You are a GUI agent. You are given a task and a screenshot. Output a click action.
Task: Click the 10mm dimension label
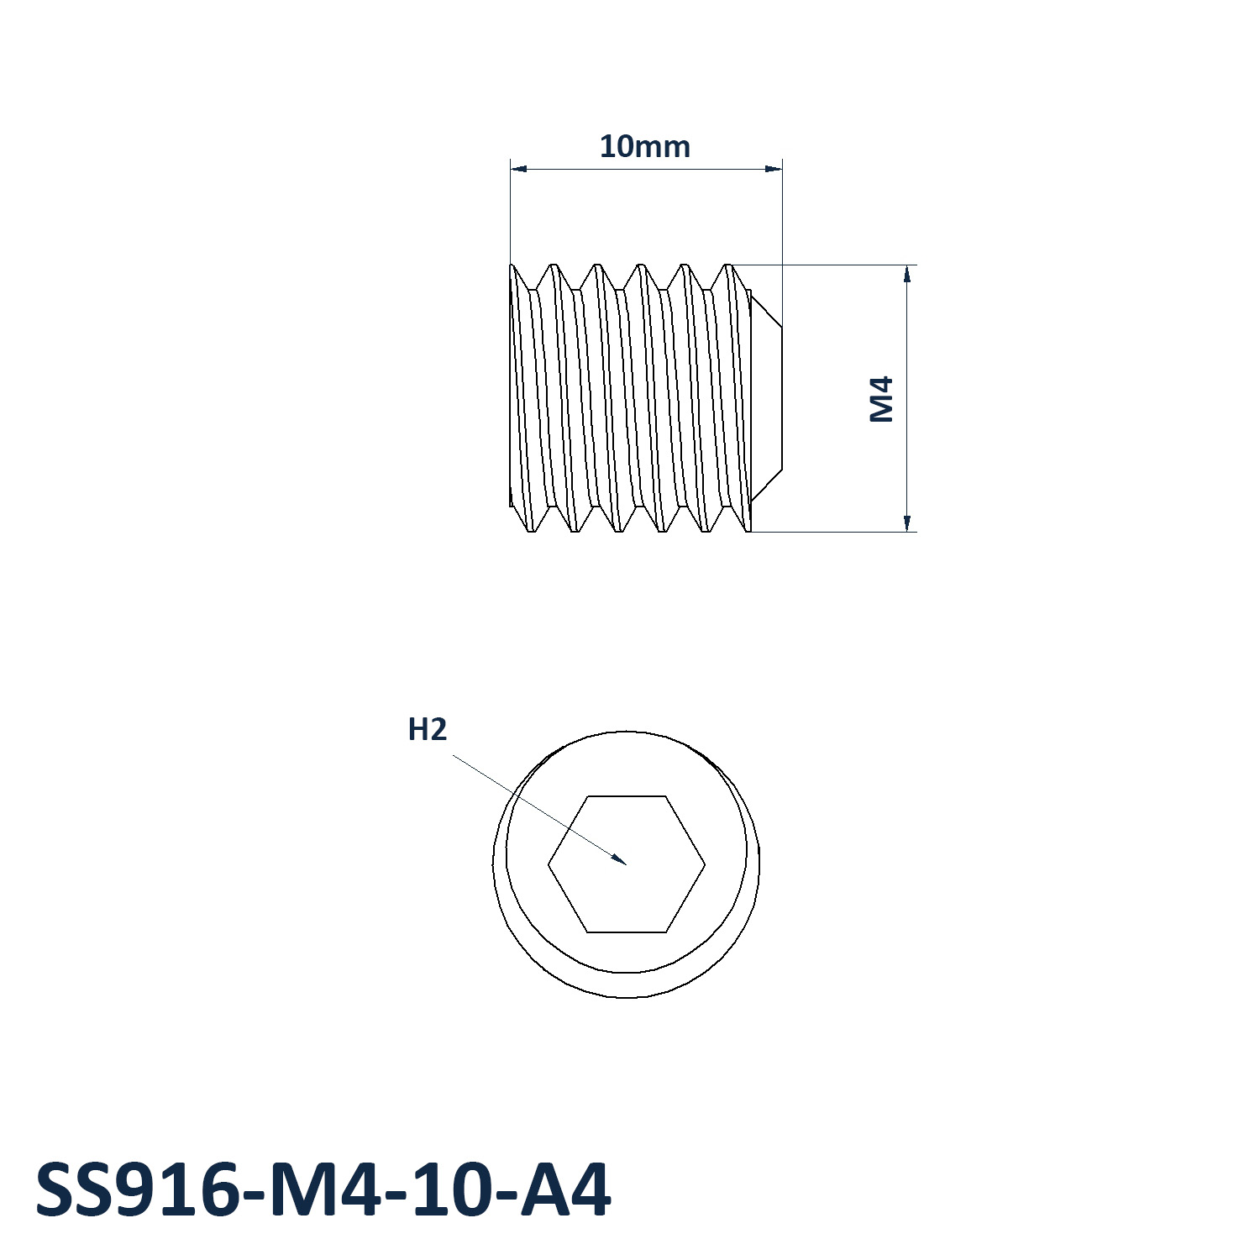(644, 146)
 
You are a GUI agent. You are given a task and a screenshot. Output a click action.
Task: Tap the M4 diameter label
(882, 399)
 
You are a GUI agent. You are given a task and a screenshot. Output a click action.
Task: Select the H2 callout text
(427, 729)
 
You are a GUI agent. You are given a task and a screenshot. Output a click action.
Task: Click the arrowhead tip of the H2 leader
(627, 864)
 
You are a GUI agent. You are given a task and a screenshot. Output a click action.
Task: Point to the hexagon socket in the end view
(627, 864)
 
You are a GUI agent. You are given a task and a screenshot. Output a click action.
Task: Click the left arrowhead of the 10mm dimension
(512, 169)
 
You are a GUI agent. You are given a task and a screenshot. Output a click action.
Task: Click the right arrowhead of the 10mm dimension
(781, 169)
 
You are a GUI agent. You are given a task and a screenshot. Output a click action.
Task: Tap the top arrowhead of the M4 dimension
(907, 266)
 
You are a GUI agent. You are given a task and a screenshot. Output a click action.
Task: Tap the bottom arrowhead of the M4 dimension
(907, 531)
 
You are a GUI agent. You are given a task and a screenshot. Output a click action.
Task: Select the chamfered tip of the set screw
(766, 398)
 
